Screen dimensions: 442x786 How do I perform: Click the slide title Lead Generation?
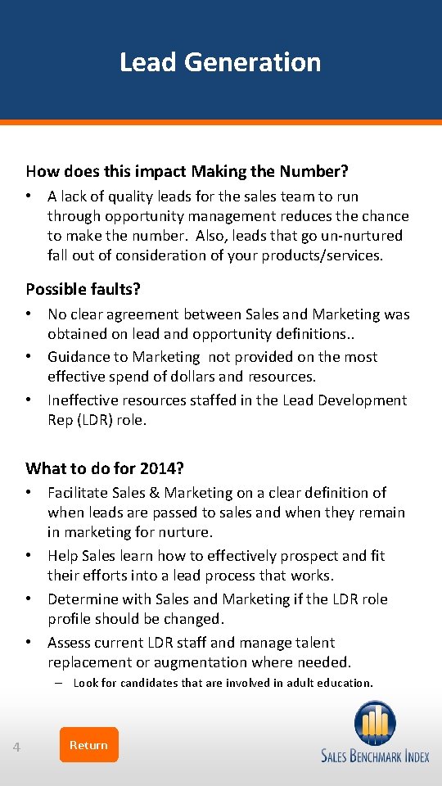[220, 62]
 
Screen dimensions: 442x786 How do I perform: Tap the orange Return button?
[88, 745]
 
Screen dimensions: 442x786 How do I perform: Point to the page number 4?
[17, 747]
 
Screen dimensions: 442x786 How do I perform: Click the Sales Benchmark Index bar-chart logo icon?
[375, 723]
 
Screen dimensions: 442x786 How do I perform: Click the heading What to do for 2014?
[105, 468]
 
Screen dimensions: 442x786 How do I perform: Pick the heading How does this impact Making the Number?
[187, 171]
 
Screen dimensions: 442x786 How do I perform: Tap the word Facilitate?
[77, 493]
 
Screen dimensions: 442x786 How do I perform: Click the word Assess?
[68, 643]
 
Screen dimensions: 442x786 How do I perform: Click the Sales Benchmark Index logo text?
[375, 757]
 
